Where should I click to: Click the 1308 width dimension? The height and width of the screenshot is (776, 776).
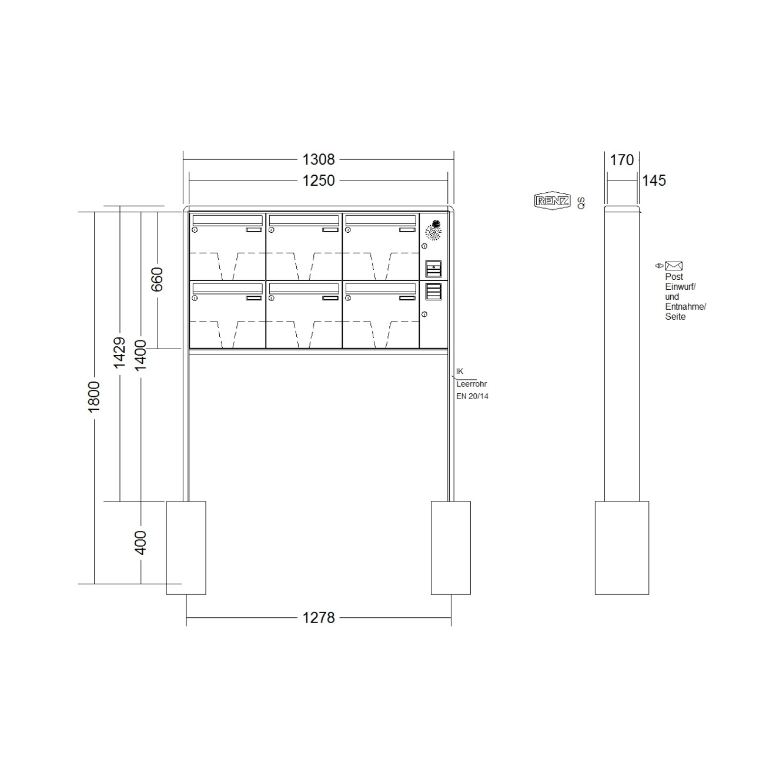pos(318,159)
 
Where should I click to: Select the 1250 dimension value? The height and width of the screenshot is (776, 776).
pos(318,180)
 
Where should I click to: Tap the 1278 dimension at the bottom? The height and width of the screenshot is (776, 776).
pos(318,618)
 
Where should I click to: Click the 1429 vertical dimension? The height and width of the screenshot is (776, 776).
pos(119,352)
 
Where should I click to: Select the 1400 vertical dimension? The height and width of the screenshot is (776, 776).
pos(141,355)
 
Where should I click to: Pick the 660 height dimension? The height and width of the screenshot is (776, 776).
pos(157,279)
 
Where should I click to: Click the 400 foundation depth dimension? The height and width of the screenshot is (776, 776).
pos(141,542)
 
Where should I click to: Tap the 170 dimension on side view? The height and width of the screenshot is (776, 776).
pos(621,160)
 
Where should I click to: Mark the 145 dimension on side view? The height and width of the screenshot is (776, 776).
pos(654,180)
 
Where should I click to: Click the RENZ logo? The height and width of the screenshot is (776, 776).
pos(552,201)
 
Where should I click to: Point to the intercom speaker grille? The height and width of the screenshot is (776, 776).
pos(434,232)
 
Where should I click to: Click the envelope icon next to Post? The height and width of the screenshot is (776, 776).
pos(674,266)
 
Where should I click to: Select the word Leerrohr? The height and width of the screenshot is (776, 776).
pos(471,384)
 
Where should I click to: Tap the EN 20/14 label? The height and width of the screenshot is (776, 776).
pos(472,396)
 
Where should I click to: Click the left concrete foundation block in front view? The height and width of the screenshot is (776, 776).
pos(186,547)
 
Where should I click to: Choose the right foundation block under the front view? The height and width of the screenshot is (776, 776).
pos(451,547)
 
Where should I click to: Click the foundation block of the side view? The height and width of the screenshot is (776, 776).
pos(621,547)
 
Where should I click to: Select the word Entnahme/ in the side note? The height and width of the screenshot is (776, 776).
pos(685,307)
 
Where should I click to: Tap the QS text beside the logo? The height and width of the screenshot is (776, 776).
pos(581,203)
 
